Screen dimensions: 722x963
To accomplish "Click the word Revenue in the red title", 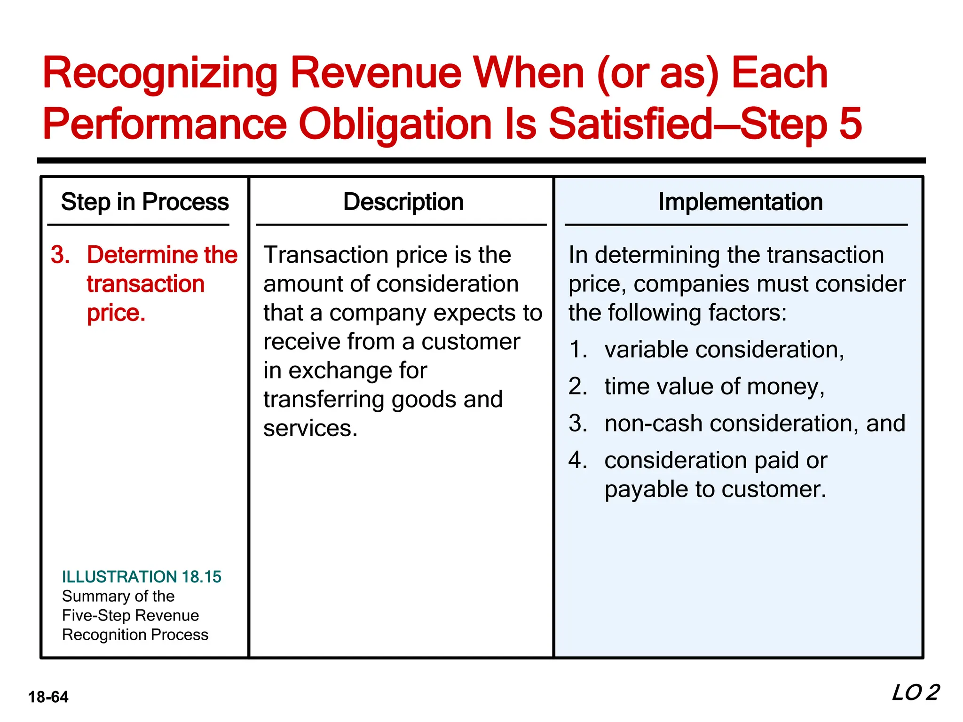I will coord(376,73).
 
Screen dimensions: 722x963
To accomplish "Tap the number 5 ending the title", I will coord(850,124).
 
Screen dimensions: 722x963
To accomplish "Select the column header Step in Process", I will coord(145,202).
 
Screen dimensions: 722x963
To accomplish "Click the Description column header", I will coord(403,202).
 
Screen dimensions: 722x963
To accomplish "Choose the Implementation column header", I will coord(740,202).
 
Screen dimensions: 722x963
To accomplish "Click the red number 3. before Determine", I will coord(60,255).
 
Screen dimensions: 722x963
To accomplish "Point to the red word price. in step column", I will coord(116,313).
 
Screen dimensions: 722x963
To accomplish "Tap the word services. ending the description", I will coord(310,428).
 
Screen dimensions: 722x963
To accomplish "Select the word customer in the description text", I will coord(470,342).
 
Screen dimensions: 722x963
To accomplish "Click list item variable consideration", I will coord(724,350).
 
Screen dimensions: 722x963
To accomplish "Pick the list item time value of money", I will coord(714,386).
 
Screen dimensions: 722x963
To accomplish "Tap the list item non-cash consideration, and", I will coord(754,423).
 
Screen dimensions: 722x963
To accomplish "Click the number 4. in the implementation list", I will coord(577,460).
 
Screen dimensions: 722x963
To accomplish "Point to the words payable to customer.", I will coord(715,489).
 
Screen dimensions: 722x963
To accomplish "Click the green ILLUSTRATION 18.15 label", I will coord(142,577).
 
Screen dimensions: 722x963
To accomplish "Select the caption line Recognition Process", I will coord(135,635).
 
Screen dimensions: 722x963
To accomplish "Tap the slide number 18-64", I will coord(48,697).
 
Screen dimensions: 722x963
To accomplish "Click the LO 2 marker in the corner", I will coord(915,693).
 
